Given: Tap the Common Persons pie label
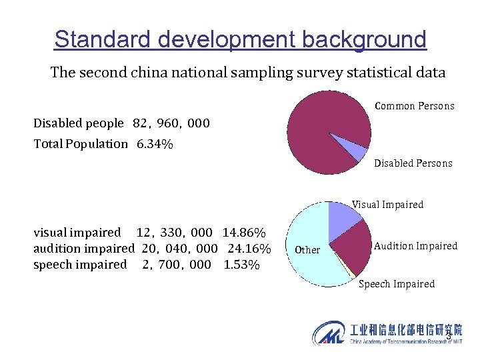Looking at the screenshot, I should tap(414, 106).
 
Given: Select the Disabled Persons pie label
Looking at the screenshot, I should tap(413, 163).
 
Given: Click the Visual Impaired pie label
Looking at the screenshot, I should tap(387, 205).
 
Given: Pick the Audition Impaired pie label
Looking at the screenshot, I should tap(415, 246).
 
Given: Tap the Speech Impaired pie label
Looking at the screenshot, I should tap(396, 284).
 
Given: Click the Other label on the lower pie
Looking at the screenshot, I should tap(307, 250).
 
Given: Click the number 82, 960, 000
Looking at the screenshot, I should tap(171, 123).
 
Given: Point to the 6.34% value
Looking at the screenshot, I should tap(155, 144).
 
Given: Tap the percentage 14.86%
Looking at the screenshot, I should tap(244, 233).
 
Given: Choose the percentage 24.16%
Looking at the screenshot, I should tap(249, 249).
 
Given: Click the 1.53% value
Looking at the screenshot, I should tap(241, 265).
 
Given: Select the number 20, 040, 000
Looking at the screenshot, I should tap(180, 249).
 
